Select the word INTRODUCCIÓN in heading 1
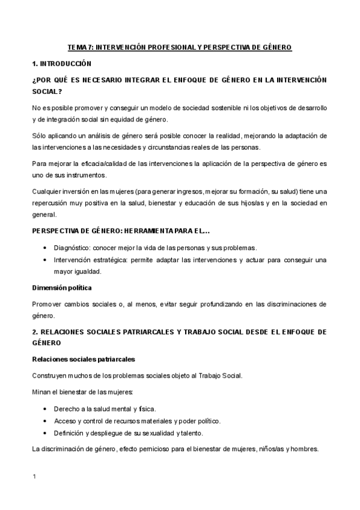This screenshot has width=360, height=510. tap(66, 63)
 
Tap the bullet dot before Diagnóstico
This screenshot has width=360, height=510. tap(47, 247)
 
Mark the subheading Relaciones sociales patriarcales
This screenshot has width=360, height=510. tap(83, 359)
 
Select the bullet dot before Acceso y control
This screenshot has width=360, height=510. tap(47, 420)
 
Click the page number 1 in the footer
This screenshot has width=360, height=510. tap(34, 478)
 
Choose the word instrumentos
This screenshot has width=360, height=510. tap(76, 175)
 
